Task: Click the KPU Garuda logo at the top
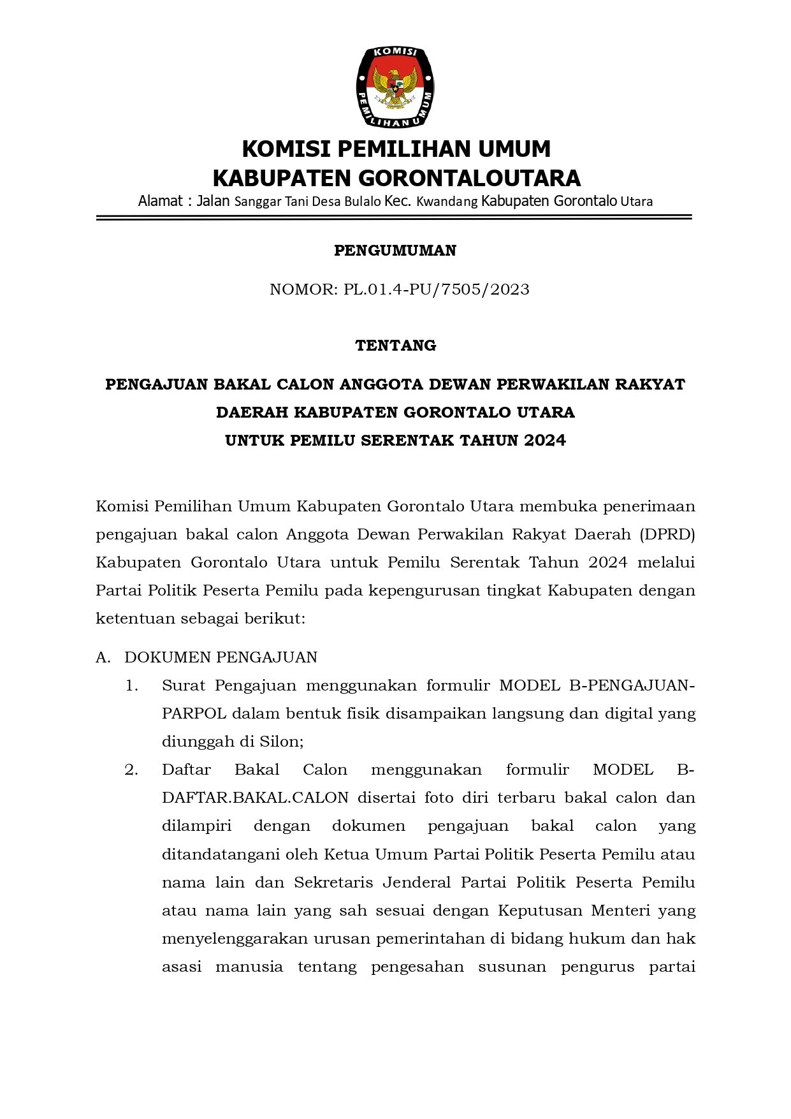395,87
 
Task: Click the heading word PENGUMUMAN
395,251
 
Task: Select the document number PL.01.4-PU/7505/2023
437,289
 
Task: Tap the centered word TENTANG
395,346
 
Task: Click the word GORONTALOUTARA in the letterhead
469,177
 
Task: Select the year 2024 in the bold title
546,441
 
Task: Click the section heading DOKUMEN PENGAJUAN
221,657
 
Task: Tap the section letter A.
103,657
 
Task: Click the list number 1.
131,686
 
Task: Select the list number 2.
131,770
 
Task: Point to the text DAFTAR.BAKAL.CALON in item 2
255,798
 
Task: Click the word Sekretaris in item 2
333,882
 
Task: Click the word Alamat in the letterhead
161,201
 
